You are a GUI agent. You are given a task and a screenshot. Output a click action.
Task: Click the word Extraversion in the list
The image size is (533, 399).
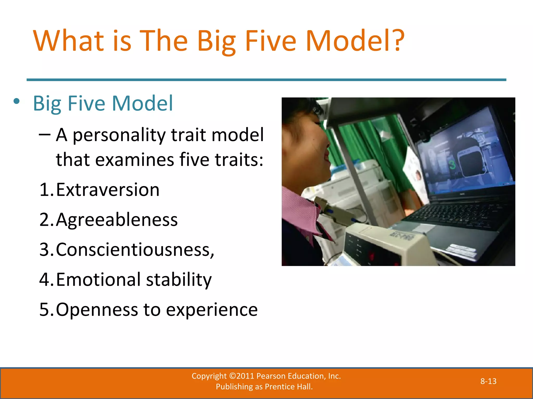click(x=107, y=190)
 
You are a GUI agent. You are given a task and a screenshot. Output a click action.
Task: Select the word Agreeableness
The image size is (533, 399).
click(x=117, y=220)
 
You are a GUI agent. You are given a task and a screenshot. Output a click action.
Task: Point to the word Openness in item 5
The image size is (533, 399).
click(x=97, y=310)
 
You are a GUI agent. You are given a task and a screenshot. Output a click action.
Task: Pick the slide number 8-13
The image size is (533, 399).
click(x=488, y=381)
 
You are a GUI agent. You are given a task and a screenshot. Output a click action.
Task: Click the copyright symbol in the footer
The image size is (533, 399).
click(x=233, y=376)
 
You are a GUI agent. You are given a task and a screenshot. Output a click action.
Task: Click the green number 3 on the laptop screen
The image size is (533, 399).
click(x=452, y=165)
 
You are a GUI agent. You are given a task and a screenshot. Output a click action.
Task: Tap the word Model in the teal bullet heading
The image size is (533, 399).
click(x=142, y=103)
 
